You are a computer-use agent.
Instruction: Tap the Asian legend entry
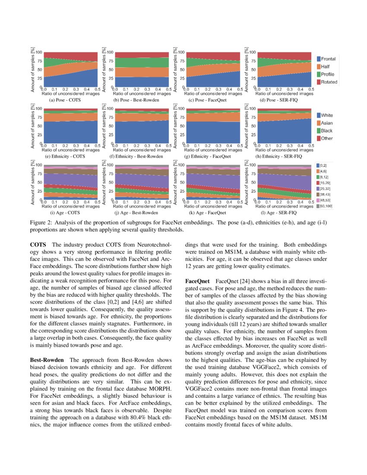tap(326, 123)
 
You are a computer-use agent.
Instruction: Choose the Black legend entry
tap(326, 131)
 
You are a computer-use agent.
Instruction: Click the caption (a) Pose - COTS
tap(65, 100)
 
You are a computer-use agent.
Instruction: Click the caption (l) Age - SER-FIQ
tap(279, 213)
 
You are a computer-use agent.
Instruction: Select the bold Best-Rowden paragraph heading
tap(47, 360)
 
